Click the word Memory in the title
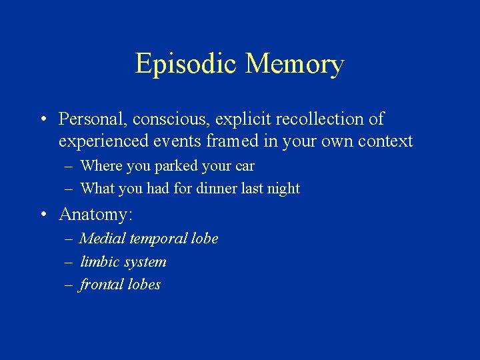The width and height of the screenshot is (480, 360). point(294,64)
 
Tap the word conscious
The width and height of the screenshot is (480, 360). point(165,119)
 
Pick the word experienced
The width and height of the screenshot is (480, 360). point(101,142)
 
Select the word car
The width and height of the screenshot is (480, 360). point(244,166)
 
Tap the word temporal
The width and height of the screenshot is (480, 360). point(157,239)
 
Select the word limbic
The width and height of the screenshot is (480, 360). point(97,261)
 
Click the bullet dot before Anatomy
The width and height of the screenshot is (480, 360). point(43,215)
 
